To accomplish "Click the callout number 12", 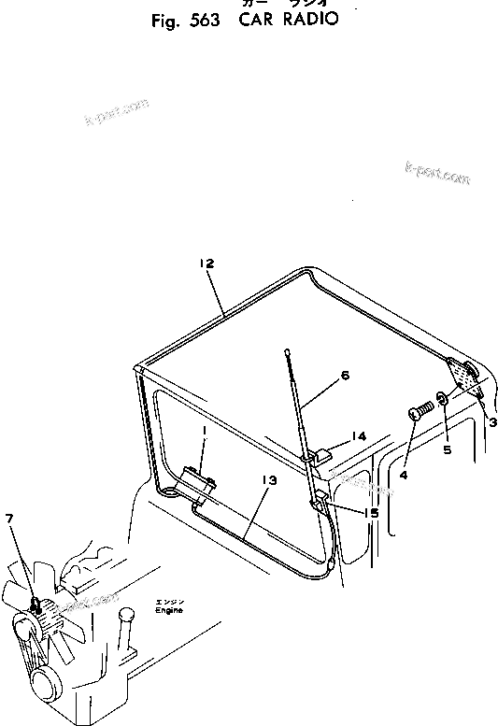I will [x=206, y=264].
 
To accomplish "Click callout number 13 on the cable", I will [x=269, y=480].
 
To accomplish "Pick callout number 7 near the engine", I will [x=9, y=519].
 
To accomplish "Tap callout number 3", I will [x=491, y=422].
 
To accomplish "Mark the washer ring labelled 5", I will [x=442, y=403].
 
